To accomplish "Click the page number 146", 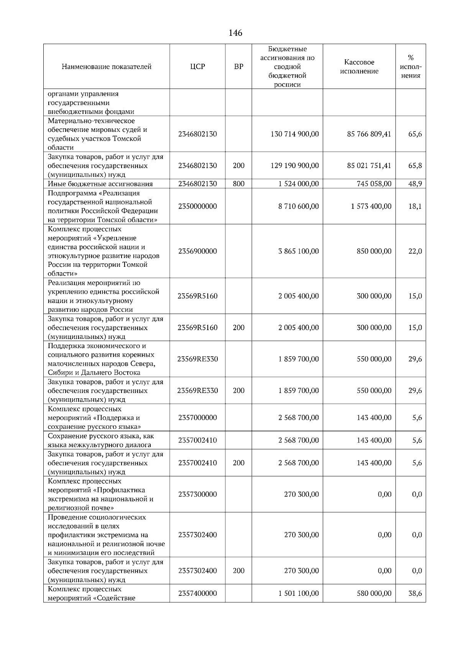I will coord(235,33).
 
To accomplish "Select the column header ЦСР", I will coord(197,67).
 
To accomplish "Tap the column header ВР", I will coord(238,67).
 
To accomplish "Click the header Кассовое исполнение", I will coord(359,67).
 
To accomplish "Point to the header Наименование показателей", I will coord(107,67).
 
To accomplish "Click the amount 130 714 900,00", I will coord(294,134).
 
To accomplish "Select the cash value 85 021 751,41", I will coord(369,166).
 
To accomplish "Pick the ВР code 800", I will coord(238,184).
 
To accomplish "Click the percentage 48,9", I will coord(415,184).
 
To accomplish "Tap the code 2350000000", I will coord(197,206).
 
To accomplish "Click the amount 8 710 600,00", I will coord(298,206).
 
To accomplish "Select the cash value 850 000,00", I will coord(374,251).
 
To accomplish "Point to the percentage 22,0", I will coord(415,251).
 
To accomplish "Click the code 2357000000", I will coord(197,418).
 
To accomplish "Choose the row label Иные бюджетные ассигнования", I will coord(100,184).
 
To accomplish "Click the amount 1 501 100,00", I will coord(298,593).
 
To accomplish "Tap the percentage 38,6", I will coord(415,593).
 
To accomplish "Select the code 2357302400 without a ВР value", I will coord(197,535).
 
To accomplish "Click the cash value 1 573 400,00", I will coord(371,206).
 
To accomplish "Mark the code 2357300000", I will coord(197,494).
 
